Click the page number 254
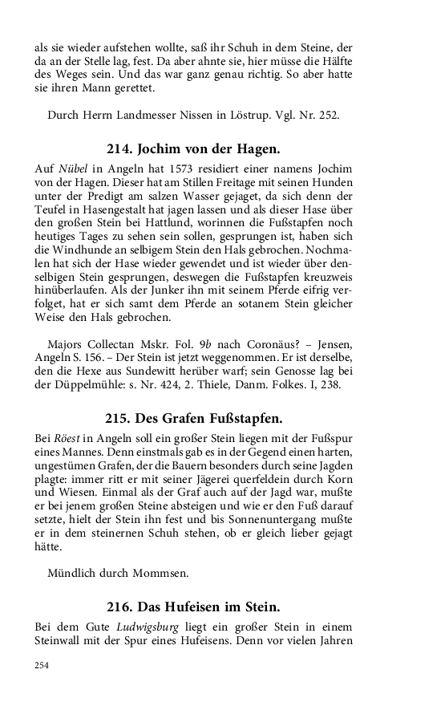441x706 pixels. click(x=41, y=665)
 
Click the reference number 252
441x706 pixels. click(x=329, y=114)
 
